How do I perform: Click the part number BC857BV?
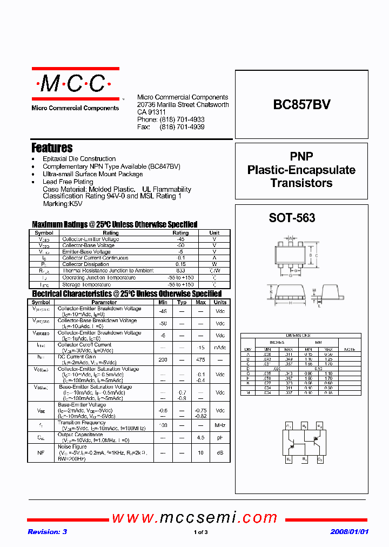click(x=302, y=104)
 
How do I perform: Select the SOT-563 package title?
click(x=292, y=218)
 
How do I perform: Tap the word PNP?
click(x=301, y=156)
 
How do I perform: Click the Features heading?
click(x=52, y=148)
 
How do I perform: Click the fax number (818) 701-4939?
click(x=182, y=127)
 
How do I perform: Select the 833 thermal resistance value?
click(x=180, y=271)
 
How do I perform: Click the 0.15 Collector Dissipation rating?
click(x=180, y=264)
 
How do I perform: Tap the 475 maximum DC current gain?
click(x=200, y=359)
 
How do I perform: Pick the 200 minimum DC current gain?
click(x=163, y=359)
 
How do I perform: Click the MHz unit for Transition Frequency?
click(x=220, y=425)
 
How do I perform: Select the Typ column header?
click(x=182, y=303)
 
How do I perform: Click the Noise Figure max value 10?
click(x=200, y=452)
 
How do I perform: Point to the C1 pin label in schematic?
click(x=289, y=426)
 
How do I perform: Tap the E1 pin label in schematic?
click(x=289, y=459)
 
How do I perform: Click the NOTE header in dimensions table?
click(x=350, y=349)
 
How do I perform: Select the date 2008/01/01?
click(x=349, y=532)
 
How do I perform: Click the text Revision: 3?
click(x=48, y=532)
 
